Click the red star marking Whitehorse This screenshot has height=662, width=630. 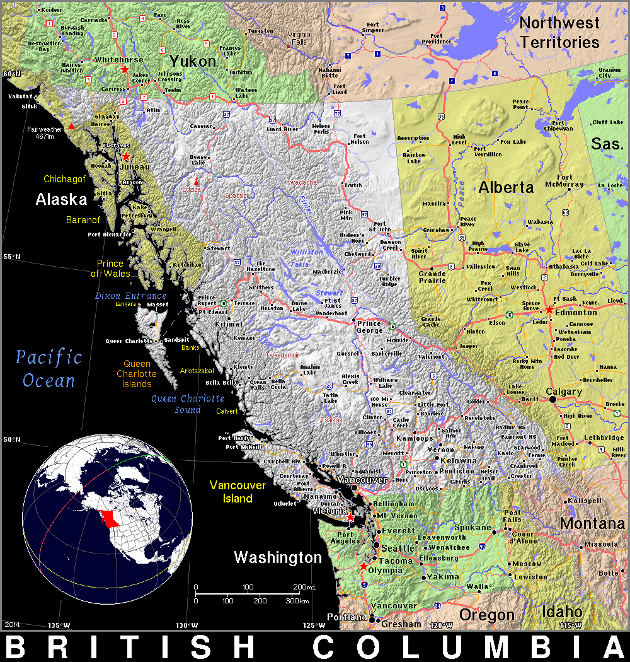pyautogui.click(x=125, y=69)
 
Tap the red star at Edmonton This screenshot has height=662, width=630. pyautogui.click(x=549, y=310)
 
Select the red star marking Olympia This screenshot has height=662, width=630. pyautogui.click(x=363, y=567)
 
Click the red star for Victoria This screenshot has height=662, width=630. pyautogui.click(x=350, y=517)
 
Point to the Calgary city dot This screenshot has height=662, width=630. pyautogui.click(x=553, y=399)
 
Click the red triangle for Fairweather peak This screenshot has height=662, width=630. pyautogui.click(x=72, y=127)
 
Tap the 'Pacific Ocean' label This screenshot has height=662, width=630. pyautogui.click(x=49, y=369)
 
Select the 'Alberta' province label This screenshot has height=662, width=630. pyautogui.click(x=506, y=187)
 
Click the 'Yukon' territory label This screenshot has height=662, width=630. pyautogui.click(x=192, y=61)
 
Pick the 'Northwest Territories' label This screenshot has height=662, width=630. pyautogui.click(x=559, y=33)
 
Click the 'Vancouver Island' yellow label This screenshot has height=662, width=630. pyautogui.click(x=238, y=492)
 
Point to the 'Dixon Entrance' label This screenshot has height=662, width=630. pyautogui.click(x=130, y=296)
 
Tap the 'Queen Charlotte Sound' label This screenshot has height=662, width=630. pyautogui.click(x=188, y=404)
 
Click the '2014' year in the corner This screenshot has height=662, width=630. pyautogui.click(x=12, y=624)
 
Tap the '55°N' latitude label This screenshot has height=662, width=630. pyautogui.click(x=11, y=257)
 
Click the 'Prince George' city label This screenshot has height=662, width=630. pyautogui.click(x=369, y=327)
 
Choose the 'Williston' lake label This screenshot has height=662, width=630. pyautogui.click(x=307, y=252)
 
